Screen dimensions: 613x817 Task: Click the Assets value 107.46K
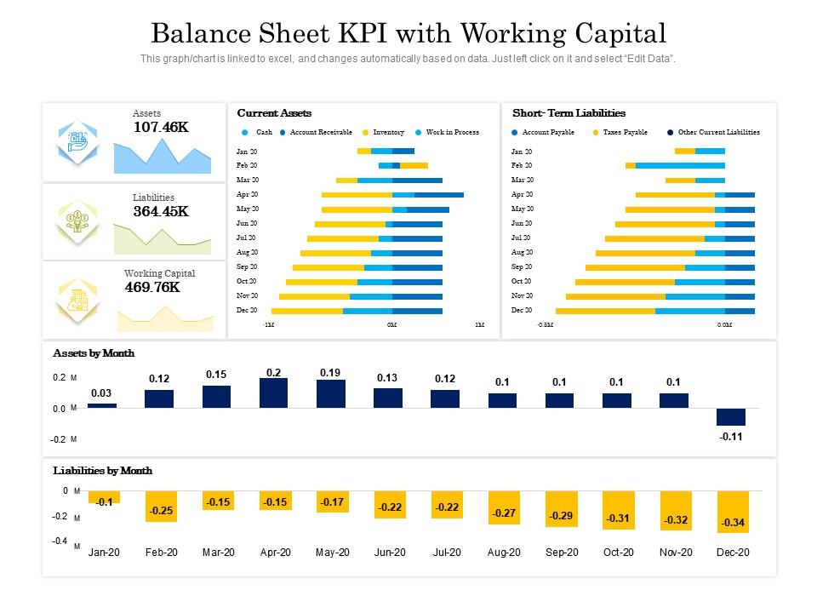[161, 128]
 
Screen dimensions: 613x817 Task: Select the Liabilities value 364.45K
[161, 212]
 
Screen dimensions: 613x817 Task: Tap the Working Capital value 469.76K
[152, 288]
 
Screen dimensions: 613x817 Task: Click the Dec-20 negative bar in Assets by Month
[731, 417]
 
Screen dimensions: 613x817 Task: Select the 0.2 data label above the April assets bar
[273, 373]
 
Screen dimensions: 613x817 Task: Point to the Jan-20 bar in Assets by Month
[102, 406]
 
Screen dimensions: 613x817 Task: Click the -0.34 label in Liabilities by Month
[733, 523]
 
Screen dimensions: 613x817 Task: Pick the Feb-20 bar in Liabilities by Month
[160, 506]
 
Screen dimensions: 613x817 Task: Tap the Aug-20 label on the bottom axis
[504, 553]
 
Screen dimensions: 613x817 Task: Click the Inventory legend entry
[388, 133]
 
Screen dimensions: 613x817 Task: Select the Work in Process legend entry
[452, 133]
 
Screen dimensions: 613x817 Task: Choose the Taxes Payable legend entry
[625, 133]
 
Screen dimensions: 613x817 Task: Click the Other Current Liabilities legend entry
[718, 133]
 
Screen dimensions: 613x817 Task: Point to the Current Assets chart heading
[274, 113]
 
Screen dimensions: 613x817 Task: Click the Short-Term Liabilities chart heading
[568, 113]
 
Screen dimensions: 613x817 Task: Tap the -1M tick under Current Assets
[268, 325]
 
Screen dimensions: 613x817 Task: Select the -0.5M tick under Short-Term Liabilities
[545, 325]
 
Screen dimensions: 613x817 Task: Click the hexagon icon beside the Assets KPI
[78, 142]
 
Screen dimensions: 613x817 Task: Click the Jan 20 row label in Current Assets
[247, 152]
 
